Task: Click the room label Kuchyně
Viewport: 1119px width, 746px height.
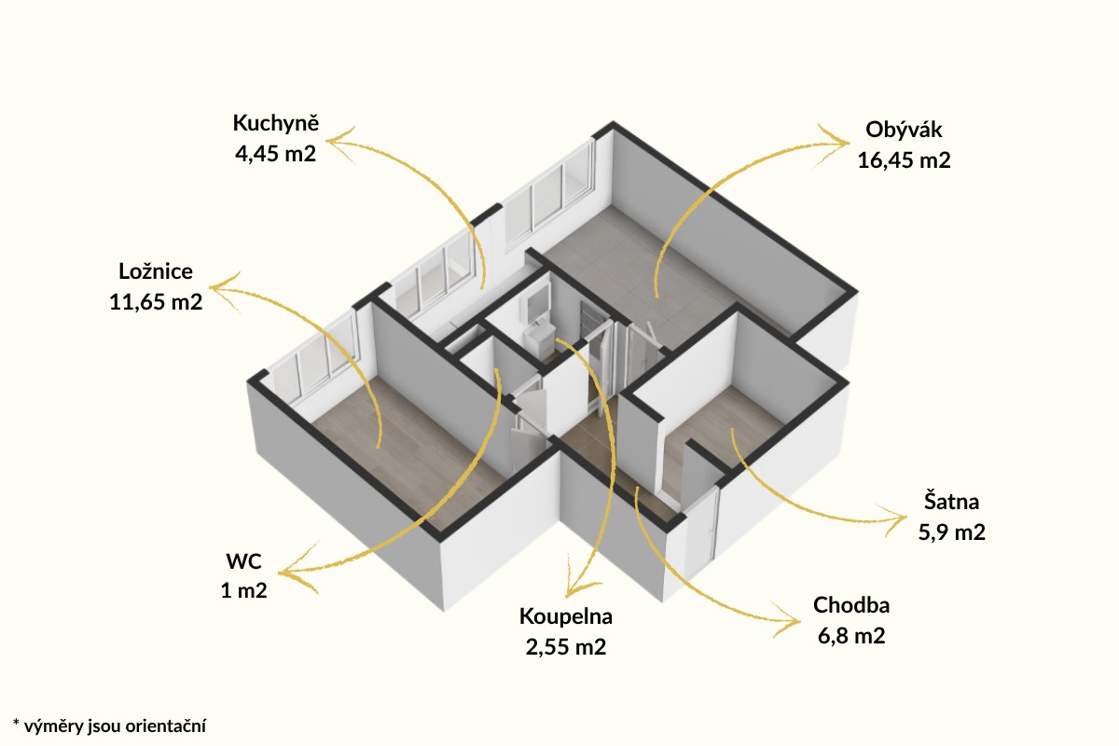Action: click(276, 124)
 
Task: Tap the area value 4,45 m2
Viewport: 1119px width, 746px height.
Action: click(276, 154)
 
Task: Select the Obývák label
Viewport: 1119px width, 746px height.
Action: click(904, 131)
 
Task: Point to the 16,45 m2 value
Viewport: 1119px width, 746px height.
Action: click(904, 160)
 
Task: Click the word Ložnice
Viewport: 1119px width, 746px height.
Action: click(156, 271)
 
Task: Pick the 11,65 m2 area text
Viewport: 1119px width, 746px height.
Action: click(156, 302)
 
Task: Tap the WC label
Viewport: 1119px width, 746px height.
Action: click(243, 561)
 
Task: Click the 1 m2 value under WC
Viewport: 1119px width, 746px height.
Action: click(243, 590)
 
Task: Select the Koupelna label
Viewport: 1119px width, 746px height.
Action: click(565, 617)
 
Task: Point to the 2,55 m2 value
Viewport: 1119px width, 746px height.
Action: click(565, 647)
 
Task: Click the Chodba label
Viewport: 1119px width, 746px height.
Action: click(851, 605)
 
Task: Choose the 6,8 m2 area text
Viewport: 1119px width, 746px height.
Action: click(851, 636)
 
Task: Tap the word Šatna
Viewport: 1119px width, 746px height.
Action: click(951, 502)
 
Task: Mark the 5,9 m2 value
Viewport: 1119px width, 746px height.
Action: click(951, 532)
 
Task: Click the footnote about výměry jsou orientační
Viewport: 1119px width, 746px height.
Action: click(109, 725)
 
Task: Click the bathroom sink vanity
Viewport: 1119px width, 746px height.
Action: click(540, 338)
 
